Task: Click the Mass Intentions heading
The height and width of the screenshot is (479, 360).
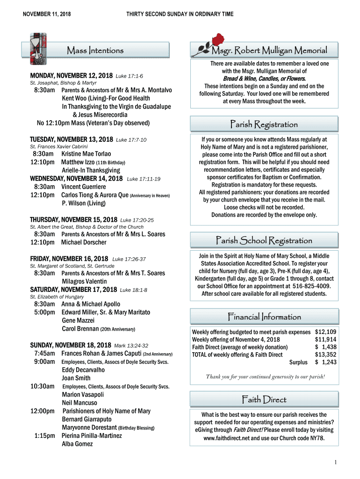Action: [95, 50]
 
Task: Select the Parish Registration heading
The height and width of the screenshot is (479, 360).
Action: [264, 124]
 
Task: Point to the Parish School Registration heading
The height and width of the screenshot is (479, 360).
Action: [264, 240]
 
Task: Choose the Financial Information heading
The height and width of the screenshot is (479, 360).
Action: [264, 317]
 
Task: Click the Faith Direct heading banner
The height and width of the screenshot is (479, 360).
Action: [264, 399]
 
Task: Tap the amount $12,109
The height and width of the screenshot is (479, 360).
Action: [325, 332]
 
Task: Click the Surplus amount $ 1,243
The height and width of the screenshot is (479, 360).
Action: [325, 362]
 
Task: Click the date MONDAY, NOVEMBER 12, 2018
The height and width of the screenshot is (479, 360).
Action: [71, 75]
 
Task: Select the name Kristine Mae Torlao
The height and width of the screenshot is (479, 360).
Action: [86, 153]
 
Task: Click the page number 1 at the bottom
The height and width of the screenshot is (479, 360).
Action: [335, 463]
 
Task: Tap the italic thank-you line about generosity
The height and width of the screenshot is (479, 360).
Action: [265, 377]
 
